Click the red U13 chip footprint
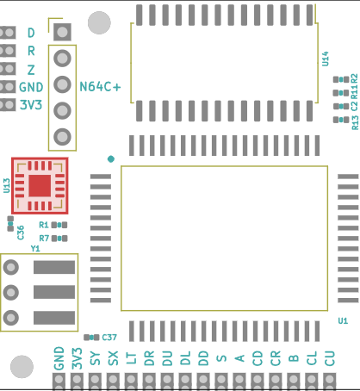[x=40, y=186]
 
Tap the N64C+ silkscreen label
[x=100, y=87]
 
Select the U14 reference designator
[x=325, y=59]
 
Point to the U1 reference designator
[x=343, y=320]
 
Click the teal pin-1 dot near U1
[x=111, y=159]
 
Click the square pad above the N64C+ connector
[x=62, y=32]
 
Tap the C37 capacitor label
[x=109, y=338]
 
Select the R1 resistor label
[x=44, y=225]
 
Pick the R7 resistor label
[x=44, y=239]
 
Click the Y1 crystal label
[x=35, y=248]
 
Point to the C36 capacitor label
[x=21, y=233]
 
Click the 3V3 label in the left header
[x=31, y=105]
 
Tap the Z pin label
[x=31, y=70]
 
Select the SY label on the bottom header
[x=96, y=358]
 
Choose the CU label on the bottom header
[x=330, y=358]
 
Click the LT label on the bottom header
[x=131, y=358]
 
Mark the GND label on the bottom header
[x=59, y=358]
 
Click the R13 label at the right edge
[x=355, y=122]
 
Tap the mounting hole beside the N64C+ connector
[x=99, y=22]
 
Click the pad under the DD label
[x=203, y=382]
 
